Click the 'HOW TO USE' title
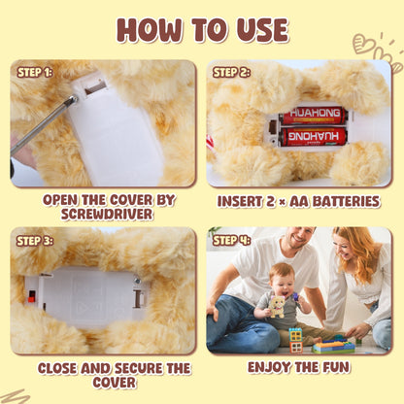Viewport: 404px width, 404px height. click(202, 30)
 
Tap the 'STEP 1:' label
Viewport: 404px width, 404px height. click(35, 73)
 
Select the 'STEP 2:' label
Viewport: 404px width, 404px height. click(231, 73)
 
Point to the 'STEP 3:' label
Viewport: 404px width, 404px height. click(35, 241)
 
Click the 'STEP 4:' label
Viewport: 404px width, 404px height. click(231, 240)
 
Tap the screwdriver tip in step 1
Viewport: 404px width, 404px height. click(75, 98)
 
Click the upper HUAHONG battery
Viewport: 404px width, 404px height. click(313, 116)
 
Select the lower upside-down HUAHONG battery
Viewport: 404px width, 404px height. click(314, 137)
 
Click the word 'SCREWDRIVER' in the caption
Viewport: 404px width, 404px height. click(107, 214)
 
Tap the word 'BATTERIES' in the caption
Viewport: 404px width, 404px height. click(346, 201)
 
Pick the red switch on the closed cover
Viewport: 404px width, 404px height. click(31, 296)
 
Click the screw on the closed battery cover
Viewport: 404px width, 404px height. click(137, 280)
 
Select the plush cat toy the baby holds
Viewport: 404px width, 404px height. click(278, 306)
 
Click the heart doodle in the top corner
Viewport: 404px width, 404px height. click(361, 44)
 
